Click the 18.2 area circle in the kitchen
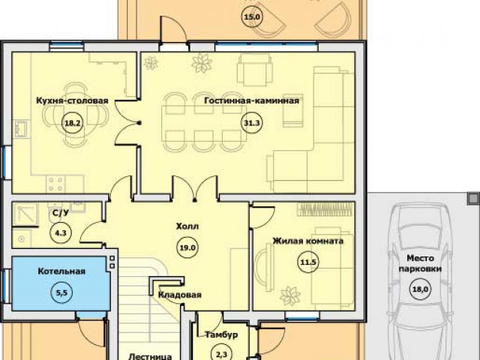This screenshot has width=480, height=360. click(x=73, y=123)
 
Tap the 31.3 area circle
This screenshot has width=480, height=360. click(x=252, y=123)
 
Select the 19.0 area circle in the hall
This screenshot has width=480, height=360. click(x=187, y=247)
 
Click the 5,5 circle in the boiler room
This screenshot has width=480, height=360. click(x=61, y=292)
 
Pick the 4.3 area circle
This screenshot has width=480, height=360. click(x=60, y=232)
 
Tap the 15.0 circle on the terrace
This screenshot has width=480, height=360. click(x=252, y=16)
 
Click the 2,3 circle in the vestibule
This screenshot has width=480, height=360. click(x=221, y=353)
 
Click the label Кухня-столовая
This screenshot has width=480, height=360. click(x=72, y=100)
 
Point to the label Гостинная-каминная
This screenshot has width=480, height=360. click(x=252, y=100)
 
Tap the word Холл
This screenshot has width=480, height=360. click(x=187, y=226)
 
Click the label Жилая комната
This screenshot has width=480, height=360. click(x=308, y=241)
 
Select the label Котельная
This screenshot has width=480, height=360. click(x=61, y=271)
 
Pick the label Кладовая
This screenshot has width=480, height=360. click(x=180, y=295)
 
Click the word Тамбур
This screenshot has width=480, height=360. click(x=221, y=335)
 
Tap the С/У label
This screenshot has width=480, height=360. click(x=59, y=213)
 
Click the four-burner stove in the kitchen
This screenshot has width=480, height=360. click(x=55, y=184)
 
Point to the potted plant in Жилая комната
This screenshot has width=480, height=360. click(x=290, y=295)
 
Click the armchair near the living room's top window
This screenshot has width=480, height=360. click(x=255, y=70)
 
